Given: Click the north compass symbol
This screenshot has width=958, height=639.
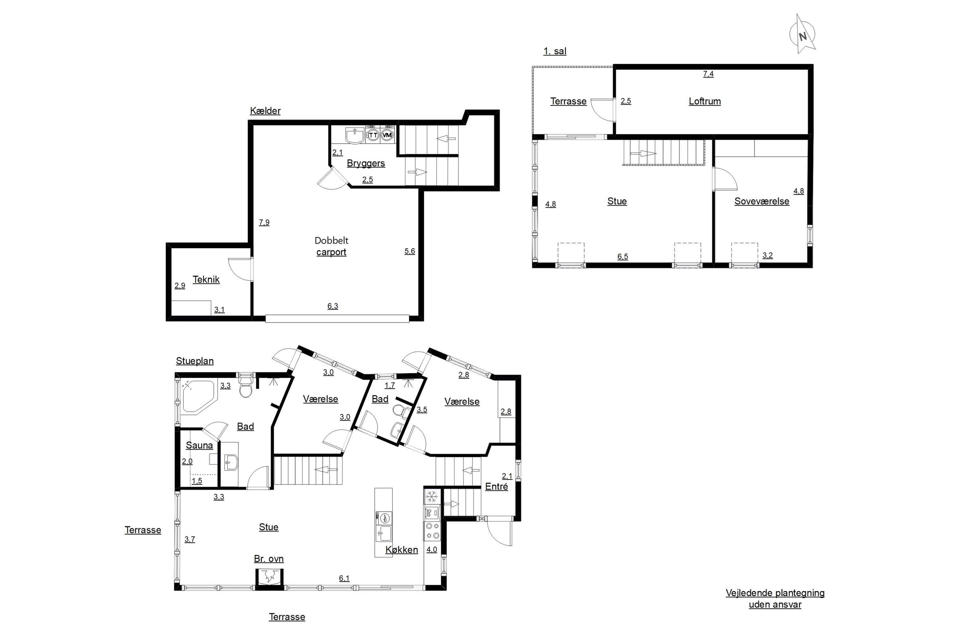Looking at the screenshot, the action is click(x=802, y=35).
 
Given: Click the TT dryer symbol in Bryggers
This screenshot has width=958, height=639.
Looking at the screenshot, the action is click(x=373, y=135).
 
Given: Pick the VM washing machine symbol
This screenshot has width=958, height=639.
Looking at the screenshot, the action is click(x=387, y=135).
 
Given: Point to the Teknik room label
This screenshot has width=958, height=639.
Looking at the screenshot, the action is click(x=206, y=280).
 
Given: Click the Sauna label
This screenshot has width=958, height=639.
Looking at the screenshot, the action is click(x=199, y=445).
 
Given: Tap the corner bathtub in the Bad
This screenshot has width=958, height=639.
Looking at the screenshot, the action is click(x=198, y=397).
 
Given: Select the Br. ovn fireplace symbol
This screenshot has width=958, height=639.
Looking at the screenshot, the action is click(x=269, y=578).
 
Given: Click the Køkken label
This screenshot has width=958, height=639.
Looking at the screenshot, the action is click(x=402, y=550).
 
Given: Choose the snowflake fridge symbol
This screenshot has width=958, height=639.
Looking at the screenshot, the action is click(x=431, y=497).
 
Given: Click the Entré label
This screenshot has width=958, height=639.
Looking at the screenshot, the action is click(x=497, y=487).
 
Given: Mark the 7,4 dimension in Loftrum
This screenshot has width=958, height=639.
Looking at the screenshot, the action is click(x=708, y=74).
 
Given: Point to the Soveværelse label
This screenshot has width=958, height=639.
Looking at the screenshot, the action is click(x=762, y=201).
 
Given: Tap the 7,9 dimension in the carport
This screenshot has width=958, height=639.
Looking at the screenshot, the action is click(x=264, y=222).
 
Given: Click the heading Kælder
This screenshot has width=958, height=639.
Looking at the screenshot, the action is click(x=265, y=111).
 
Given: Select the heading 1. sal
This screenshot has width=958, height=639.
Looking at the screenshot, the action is click(x=555, y=51).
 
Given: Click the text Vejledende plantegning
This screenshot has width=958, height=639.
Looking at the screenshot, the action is click(x=775, y=593).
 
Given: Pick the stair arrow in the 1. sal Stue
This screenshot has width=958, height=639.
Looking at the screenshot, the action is click(x=643, y=154).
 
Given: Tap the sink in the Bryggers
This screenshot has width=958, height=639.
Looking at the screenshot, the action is click(x=355, y=136).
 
